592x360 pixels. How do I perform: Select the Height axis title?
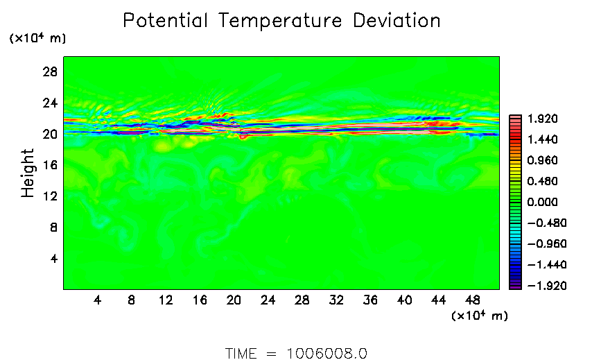[x=28, y=173]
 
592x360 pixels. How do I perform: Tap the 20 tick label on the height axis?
[x=49, y=134]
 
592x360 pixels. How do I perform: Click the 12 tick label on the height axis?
[x=49, y=196]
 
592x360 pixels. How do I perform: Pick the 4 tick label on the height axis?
[x=52, y=259]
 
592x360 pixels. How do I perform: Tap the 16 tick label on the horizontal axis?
[x=200, y=300]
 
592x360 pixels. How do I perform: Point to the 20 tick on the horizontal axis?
[x=234, y=300]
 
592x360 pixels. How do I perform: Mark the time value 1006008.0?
[x=327, y=353]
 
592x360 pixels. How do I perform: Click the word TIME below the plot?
[x=241, y=353]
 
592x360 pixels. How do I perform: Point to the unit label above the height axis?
[x=37, y=39]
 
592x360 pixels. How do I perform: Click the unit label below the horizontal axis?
[x=480, y=316]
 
